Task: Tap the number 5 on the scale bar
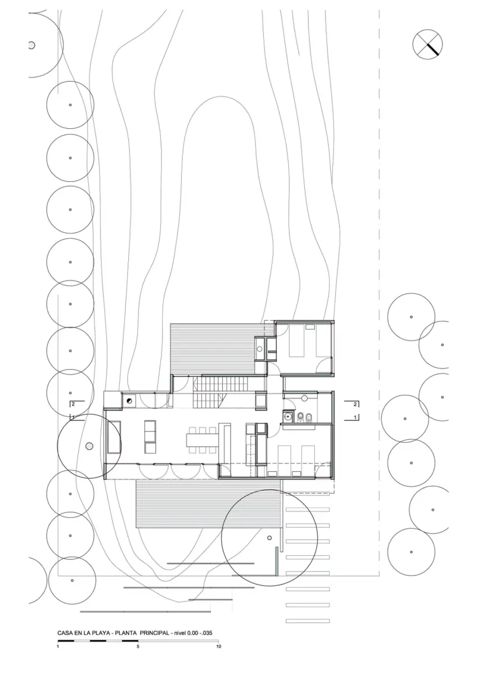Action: coord(138,647)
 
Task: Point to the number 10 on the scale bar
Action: coord(218,647)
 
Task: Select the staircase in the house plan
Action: coord(210,393)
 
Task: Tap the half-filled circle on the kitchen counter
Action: coord(129,400)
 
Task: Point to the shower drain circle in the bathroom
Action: coord(304,398)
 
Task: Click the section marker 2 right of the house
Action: coord(355,404)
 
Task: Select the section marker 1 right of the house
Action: coord(355,417)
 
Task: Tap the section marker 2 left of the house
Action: coord(73,404)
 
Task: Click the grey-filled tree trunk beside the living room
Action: coord(89,447)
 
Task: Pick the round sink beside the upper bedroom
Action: coord(260,349)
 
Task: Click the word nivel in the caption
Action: coord(182,633)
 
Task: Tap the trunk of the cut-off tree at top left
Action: coord(32,45)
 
